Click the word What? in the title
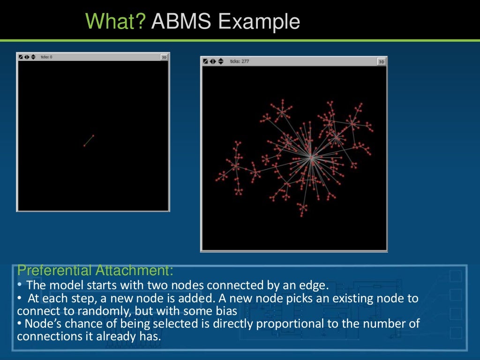coord(115,22)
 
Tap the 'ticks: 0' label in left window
coord(46,57)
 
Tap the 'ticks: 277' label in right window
coord(239,61)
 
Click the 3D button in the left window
coord(164,57)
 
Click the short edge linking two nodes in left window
coord(89,141)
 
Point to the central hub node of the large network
coord(311,158)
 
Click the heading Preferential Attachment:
coord(95,270)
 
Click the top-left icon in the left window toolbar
coord(21,57)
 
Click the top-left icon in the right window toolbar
coord(205,61)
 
